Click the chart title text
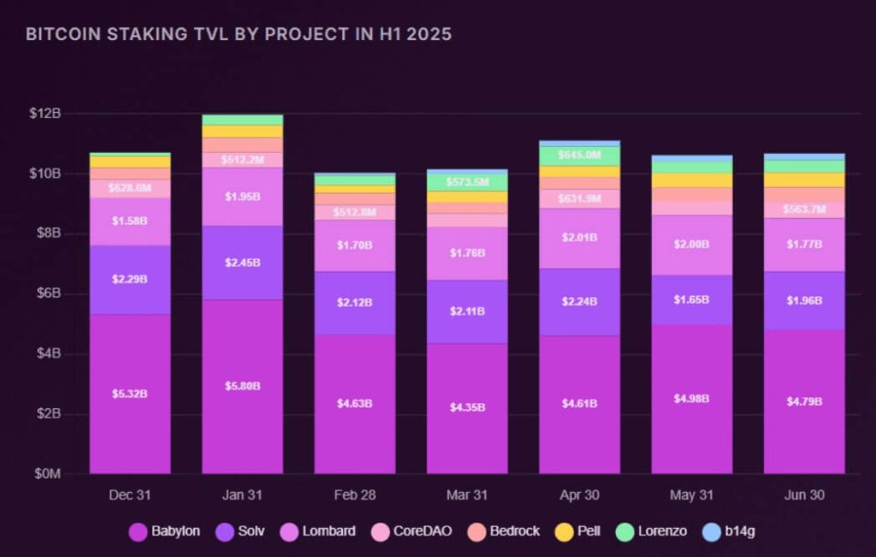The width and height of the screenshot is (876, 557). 239,35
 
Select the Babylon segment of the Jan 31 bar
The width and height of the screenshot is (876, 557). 242,386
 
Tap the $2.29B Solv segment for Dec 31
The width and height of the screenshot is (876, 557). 130,279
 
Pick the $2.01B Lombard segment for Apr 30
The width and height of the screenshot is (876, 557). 579,238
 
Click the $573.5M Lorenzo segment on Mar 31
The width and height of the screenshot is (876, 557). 467,182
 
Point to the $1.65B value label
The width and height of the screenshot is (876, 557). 692,300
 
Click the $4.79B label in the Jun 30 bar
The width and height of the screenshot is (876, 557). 804,401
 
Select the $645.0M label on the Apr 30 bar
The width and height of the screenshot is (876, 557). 579,155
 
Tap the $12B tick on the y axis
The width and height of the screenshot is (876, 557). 44,114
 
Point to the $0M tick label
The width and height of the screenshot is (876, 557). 44,474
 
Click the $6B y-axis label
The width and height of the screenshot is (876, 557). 47,294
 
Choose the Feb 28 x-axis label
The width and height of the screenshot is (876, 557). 354,495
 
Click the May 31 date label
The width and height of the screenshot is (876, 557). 692,495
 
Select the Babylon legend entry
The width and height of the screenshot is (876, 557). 164,531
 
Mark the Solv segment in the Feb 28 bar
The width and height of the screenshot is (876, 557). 354,302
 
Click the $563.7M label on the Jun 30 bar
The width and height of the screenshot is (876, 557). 804,209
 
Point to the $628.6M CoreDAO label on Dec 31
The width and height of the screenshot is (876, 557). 130,188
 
